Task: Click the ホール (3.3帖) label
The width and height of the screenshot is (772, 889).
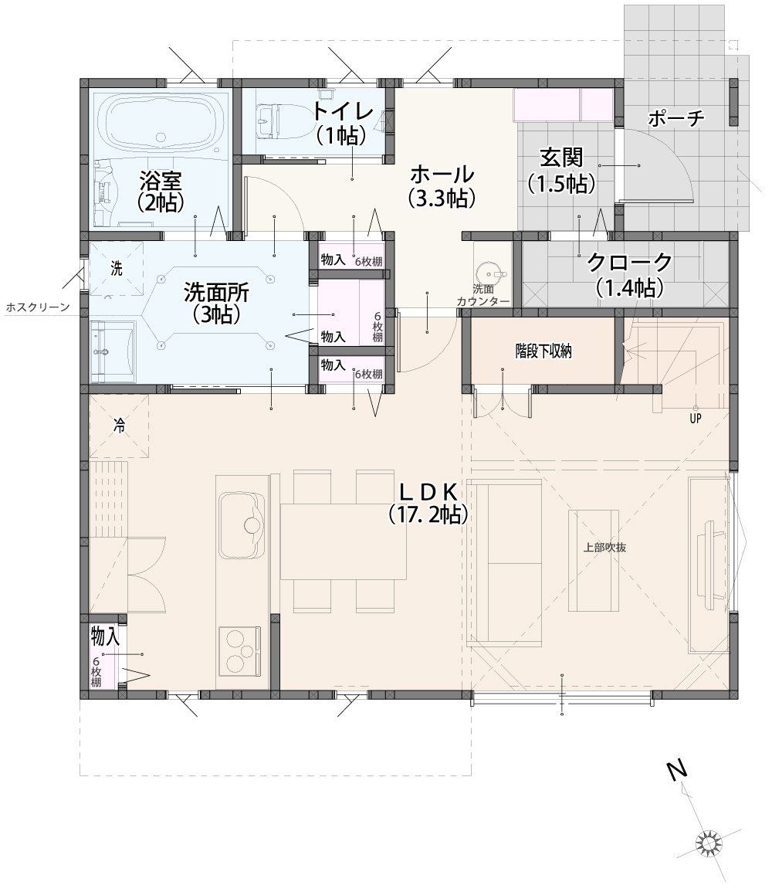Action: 442,185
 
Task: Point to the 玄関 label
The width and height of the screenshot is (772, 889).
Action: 561,157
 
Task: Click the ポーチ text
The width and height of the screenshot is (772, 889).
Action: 675,118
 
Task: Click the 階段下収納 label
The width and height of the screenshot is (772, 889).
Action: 543,351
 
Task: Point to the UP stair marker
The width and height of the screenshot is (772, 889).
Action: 696,418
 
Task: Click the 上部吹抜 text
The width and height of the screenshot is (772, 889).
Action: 604,548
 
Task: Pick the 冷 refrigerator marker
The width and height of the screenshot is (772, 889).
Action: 119,426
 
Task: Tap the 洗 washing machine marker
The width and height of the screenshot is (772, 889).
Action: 117,268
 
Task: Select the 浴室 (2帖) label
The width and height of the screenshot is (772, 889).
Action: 161,191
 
